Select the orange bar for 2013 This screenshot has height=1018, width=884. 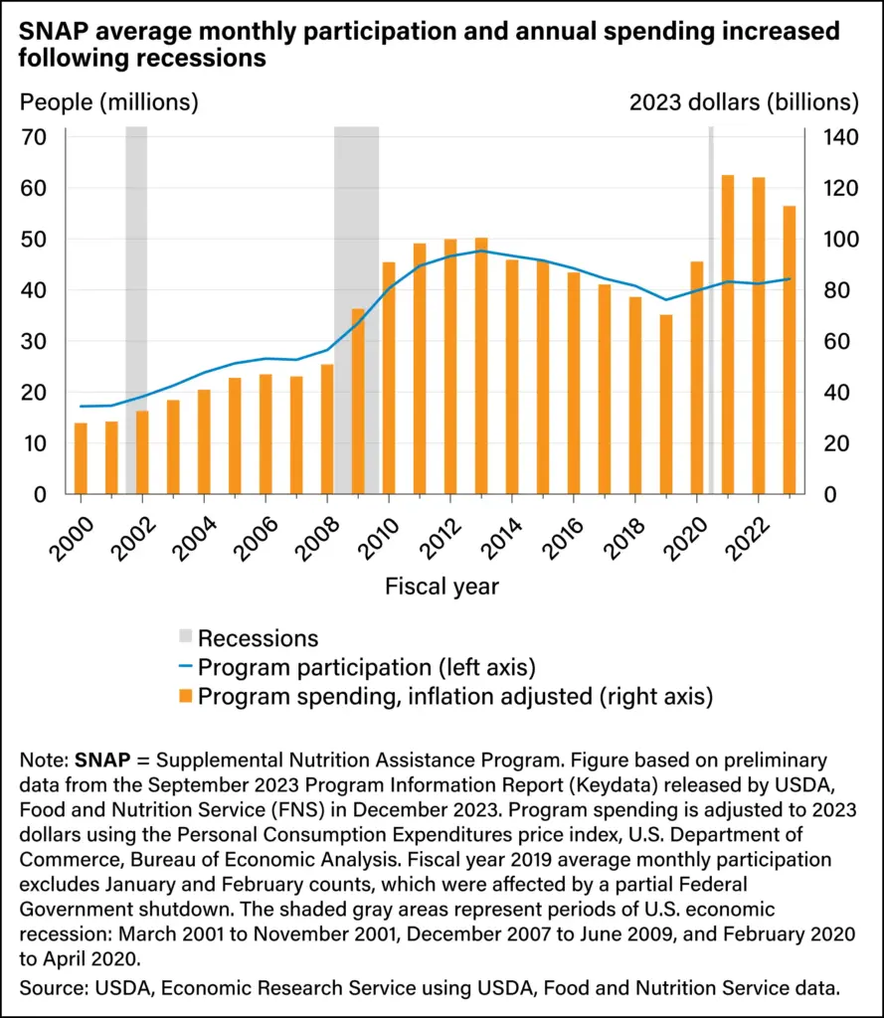point(481,368)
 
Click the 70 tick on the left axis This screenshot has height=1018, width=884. point(35,137)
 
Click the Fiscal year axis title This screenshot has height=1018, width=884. point(442,587)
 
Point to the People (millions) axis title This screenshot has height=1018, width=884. point(109,101)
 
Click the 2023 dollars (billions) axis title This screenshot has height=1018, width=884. point(744,101)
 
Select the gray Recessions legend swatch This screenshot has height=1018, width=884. point(185,638)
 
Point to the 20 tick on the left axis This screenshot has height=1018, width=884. point(35,392)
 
